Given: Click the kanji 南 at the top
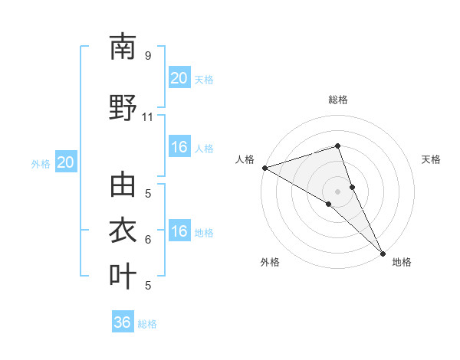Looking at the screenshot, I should point(123,47).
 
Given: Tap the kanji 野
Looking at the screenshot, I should point(123,107).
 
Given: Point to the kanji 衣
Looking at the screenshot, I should point(123,231).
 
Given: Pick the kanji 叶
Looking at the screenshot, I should point(123,276).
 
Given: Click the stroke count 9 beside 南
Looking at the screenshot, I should point(147,56).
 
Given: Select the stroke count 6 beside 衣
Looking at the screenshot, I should point(147,240).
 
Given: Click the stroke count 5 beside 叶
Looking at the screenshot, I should point(147,286).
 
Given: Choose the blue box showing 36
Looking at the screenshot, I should point(122,322).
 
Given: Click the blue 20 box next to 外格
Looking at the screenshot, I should point(65,162).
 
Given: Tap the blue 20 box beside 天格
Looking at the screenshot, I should point(179,78).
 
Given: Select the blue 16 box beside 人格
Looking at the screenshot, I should point(179,147).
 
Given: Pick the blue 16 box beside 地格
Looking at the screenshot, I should point(179,232).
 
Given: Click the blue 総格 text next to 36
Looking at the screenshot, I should point(147,324).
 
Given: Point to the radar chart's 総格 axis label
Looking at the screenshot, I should point(337,100).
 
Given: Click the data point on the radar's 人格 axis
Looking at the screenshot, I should point(264,167).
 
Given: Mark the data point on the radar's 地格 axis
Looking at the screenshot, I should point(383,252).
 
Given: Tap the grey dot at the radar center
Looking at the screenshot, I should point(337,191).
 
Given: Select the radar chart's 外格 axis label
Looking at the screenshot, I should point(270,263).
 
